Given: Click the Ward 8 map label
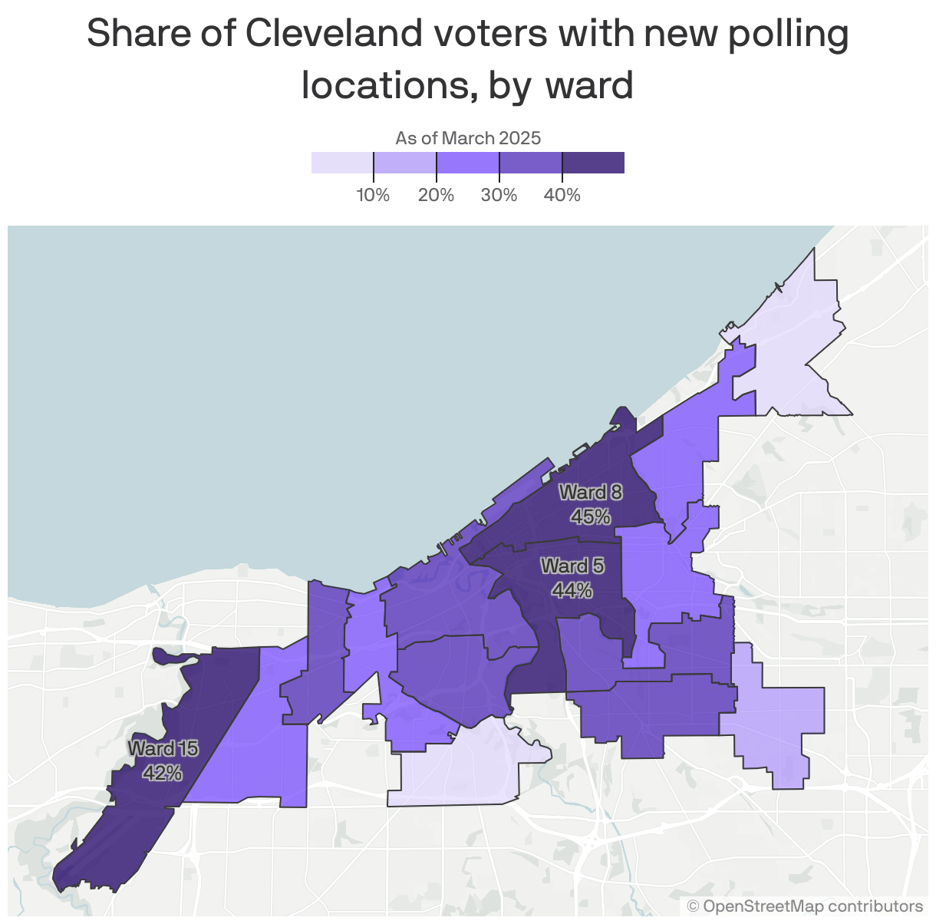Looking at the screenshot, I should pyautogui.click(x=590, y=492).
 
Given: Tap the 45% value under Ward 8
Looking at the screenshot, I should pyautogui.click(x=590, y=516).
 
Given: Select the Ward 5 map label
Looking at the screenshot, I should pyautogui.click(x=572, y=566).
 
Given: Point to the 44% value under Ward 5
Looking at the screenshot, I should pyautogui.click(x=572, y=590).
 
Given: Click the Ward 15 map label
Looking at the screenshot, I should pyautogui.click(x=163, y=748).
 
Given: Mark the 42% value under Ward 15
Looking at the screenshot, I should pyautogui.click(x=163, y=772).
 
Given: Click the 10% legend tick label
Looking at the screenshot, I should pyautogui.click(x=373, y=196).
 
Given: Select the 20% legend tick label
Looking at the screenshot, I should pyautogui.click(x=436, y=196).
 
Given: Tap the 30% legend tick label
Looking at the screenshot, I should pyautogui.click(x=499, y=196).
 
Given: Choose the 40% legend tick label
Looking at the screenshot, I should pyautogui.click(x=562, y=196).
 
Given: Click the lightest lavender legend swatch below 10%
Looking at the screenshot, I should pyautogui.click(x=342, y=163).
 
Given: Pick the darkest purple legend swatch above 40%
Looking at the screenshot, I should pyautogui.click(x=593, y=163).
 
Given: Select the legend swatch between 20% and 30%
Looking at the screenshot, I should pyautogui.click(x=467, y=163).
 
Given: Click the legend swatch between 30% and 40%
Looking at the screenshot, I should pyautogui.click(x=530, y=163).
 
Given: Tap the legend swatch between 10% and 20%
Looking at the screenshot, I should pyautogui.click(x=404, y=163).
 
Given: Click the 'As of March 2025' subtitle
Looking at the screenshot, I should pyautogui.click(x=468, y=138).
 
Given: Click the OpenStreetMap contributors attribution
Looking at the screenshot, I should pyautogui.click(x=805, y=906).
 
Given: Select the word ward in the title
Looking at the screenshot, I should pyautogui.click(x=588, y=85).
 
